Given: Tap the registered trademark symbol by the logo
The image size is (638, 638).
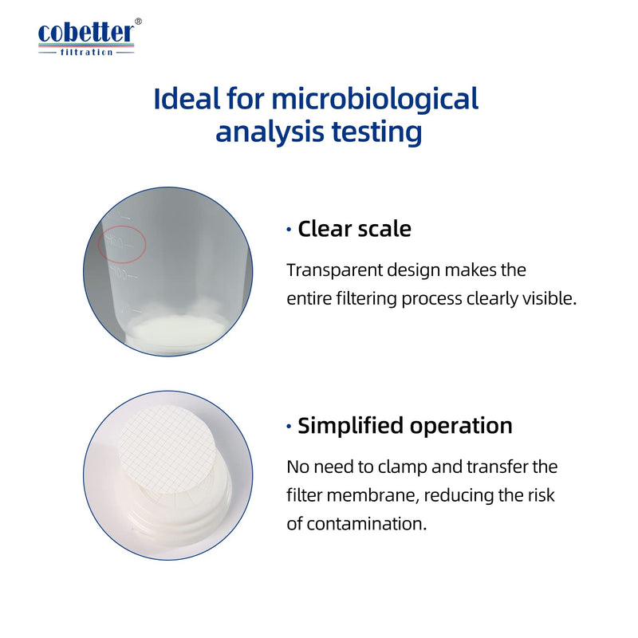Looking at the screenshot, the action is point(138,22).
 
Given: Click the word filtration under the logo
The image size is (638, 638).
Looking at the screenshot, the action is point(86,52).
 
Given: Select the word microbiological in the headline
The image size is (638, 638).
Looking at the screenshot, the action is point(375,100).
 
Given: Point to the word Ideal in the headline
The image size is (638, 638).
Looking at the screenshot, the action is point(187,98).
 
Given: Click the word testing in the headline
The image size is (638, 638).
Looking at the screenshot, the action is point(376,132).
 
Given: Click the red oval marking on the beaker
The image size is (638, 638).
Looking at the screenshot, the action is point(122,244).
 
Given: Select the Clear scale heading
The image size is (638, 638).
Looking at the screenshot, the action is point(354,229).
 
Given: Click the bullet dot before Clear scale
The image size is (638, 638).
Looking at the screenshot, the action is point(289,230).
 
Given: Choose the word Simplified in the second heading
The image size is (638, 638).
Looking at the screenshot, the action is point(350,427).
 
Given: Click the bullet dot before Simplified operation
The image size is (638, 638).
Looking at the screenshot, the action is point(289,427).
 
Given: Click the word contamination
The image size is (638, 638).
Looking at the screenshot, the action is point(366,524).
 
